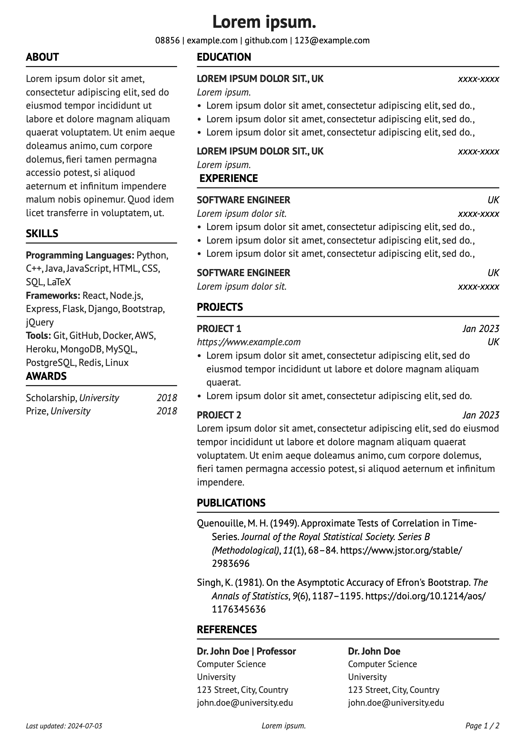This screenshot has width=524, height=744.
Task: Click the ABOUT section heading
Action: (42, 57)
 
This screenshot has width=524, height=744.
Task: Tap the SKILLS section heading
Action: (42, 233)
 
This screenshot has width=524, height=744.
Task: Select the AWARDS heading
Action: (46, 376)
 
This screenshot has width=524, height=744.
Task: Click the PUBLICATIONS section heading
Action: (231, 503)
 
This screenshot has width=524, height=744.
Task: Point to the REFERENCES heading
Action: (227, 629)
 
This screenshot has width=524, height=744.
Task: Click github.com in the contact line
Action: (266, 41)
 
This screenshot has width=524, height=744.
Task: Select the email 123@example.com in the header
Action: (332, 41)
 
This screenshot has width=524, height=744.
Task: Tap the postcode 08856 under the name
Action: (167, 41)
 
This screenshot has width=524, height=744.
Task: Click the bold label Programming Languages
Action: (80, 255)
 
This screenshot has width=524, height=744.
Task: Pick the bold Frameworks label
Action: (53, 295)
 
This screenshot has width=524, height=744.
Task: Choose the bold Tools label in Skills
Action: (38, 335)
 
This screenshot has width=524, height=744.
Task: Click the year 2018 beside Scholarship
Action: (167, 398)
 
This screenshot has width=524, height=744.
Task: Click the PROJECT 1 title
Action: (219, 329)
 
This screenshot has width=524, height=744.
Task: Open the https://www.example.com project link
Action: (249, 342)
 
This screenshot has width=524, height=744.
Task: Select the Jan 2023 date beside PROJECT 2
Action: (481, 415)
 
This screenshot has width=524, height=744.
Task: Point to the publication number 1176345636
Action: (239, 609)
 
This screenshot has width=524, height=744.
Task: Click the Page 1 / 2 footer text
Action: (482, 726)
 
